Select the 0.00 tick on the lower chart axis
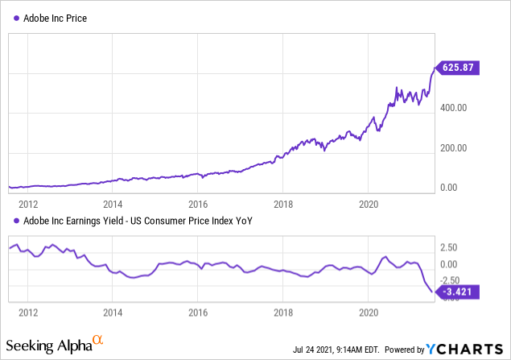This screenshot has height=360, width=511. click(x=450, y=264)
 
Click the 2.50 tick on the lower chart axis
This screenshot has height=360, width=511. click(x=450, y=247)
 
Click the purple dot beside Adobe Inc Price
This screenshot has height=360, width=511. click(x=16, y=17)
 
